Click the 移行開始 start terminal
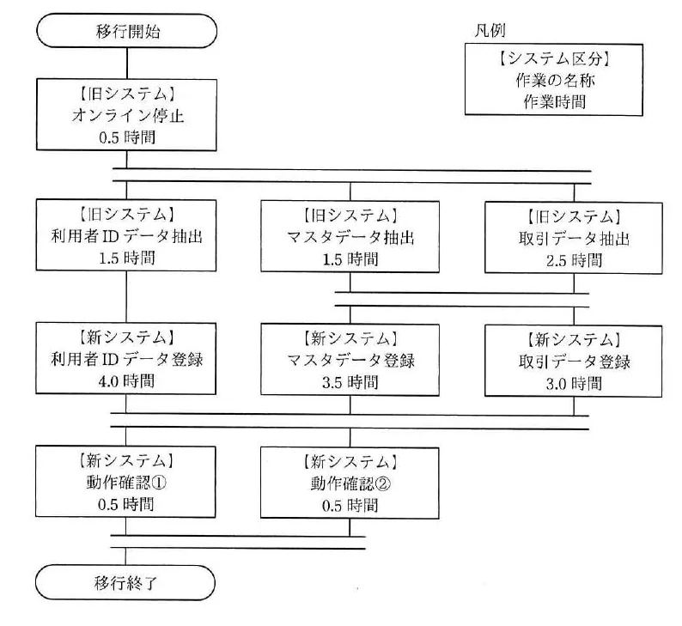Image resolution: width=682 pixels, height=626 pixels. click(x=126, y=31)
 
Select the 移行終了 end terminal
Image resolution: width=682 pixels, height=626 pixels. click(x=125, y=582)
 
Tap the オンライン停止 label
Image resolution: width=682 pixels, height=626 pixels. click(x=127, y=116)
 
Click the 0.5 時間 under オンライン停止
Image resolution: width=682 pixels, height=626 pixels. click(x=127, y=137)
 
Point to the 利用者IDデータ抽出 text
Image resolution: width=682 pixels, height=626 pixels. click(x=126, y=236)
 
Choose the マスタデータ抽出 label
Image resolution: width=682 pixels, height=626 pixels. click(x=350, y=237)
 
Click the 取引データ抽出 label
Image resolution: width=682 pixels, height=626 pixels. click(x=574, y=239)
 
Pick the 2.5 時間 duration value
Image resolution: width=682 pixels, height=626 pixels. click(x=574, y=260)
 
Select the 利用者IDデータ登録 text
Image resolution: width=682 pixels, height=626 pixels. click(x=126, y=360)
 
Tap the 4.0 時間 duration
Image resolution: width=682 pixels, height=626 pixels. click(x=126, y=381)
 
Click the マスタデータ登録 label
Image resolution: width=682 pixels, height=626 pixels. click(x=350, y=361)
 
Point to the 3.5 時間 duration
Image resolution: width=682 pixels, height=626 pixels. click(x=350, y=383)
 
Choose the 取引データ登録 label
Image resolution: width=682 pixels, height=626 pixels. click(x=574, y=362)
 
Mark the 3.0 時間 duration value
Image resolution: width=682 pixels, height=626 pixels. click(x=574, y=384)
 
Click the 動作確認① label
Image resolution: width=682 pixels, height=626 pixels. click(x=126, y=483)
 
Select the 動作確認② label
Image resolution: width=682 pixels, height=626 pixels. click(x=350, y=483)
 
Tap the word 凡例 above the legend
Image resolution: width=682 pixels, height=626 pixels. click(x=490, y=30)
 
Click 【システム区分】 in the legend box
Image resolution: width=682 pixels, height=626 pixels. click(x=554, y=58)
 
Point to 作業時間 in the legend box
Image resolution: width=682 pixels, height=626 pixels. click(x=555, y=101)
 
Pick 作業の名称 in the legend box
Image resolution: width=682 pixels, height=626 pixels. click(x=555, y=80)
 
